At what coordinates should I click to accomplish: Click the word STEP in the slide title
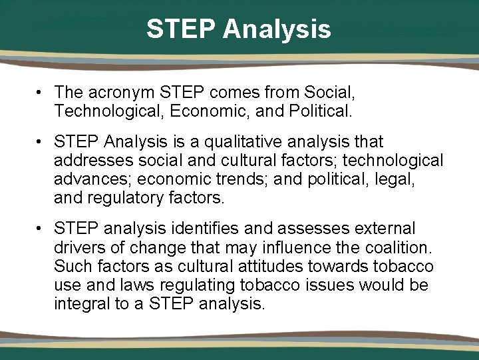tap(181, 29)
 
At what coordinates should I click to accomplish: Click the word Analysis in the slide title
tap(277, 29)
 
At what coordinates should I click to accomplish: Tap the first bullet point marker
tap(41, 92)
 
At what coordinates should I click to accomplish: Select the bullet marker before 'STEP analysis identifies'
tap(41, 229)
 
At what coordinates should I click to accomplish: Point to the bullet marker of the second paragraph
tap(41, 142)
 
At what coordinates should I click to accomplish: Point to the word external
tap(383, 229)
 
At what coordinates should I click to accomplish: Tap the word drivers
tap(79, 248)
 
